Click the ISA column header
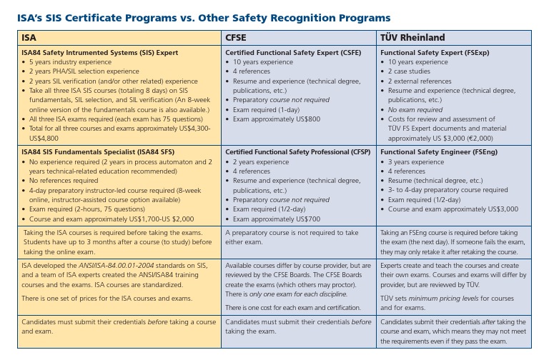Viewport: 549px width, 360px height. (x=29, y=37)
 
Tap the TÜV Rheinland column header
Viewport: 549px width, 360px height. (x=412, y=37)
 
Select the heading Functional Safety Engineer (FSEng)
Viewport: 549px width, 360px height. (x=439, y=152)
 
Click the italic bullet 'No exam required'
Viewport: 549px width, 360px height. (x=415, y=110)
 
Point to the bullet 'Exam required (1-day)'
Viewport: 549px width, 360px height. (x=269, y=109)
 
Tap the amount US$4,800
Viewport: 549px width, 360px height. (x=44, y=138)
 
